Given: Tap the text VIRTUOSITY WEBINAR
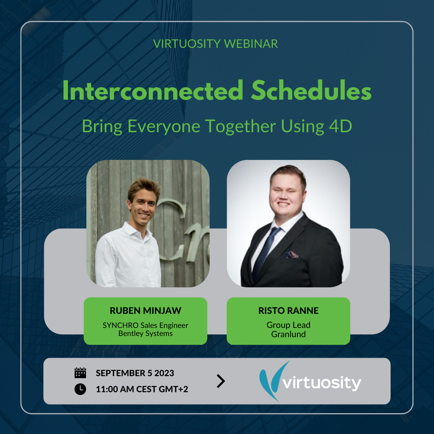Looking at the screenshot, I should pyautogui.click(x=215, y=44).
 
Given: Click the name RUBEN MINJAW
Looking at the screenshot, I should pyautogui.click(x=145, y=311).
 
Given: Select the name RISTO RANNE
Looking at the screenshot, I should pyautogui.click(x=288, y=311).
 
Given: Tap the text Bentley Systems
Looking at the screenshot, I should pyautogui.click(x=145, y=334).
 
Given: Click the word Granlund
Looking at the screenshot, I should pyautogui.click(x=288, y=334).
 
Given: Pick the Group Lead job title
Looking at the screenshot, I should pyautogui.click(x=288, y=325).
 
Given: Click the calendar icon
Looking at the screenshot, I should pyautogui.click(x=80, y=373).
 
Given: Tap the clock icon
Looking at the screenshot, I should pyautogui.click(x=80, y=389).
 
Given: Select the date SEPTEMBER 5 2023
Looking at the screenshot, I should pyautogui.click(x=135, y=373).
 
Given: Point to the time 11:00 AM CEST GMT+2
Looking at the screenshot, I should pyautogui.click(x=142, y=389).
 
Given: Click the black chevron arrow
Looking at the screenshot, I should pyautogui.click(x=221, y=381).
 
